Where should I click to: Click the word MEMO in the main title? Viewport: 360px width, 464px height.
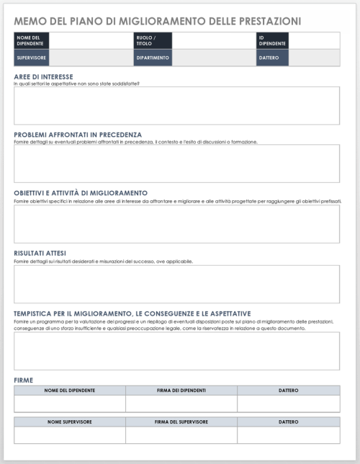click(29, 21)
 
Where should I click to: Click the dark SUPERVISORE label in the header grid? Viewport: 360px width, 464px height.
click(32, 58)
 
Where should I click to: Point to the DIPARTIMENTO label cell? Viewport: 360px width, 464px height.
click(152, 58)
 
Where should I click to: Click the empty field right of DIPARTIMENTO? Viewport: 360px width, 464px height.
click(214, 58)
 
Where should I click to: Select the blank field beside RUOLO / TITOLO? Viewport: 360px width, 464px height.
click(214, 40)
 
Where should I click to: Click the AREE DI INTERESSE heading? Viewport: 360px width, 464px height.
click(44, 77)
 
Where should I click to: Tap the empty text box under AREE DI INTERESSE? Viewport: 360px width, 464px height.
click(176, 106)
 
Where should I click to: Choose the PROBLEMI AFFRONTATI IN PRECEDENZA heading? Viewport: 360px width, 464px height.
click(78, 135)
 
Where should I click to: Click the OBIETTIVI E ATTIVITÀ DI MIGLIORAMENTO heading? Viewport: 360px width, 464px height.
click(81, 193)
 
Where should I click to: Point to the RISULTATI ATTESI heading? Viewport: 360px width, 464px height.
click(40, 253)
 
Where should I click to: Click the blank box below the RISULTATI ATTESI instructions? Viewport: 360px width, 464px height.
click(176, 284)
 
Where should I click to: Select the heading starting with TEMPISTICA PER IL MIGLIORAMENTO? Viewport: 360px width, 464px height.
click(132, 313)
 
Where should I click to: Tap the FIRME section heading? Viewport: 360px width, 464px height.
click(24, 380)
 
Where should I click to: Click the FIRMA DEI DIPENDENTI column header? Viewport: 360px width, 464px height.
click(181, 390)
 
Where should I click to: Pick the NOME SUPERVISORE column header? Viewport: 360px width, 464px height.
click(70, 421)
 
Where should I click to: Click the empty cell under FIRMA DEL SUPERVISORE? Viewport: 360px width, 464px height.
click(181, 435)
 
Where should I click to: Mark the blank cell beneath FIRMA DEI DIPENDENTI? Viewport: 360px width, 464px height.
click(181, 403)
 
